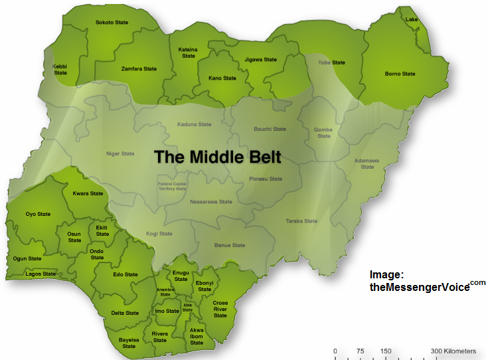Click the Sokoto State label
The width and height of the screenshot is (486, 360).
click(112, 22)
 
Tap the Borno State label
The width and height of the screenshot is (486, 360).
click(400, 74)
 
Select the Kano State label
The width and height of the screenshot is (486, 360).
click(222, 78)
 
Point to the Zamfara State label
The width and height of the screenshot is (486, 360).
click(139, 68)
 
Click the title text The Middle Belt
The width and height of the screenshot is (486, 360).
click(218, 157)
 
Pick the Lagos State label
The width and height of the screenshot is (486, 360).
click(40, 274)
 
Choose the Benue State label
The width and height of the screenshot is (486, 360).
click(230, 245)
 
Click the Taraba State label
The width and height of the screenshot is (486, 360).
click(301, 221)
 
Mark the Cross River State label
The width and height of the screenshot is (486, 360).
click(220, 309)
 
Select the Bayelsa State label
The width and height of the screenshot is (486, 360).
click(129, 343)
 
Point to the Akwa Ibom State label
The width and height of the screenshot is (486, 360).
click(197, 336)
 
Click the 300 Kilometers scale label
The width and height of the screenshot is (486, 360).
click(453, 351)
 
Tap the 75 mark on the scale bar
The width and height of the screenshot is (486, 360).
click(361, 351)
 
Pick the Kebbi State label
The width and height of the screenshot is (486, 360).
click(60, 69)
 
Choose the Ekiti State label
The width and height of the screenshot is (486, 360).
click(102, 230)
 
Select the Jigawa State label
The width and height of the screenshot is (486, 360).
click(260, 60)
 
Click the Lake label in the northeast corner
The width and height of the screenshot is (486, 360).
click(412, 19)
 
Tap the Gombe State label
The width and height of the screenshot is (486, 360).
click(323, 133)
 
